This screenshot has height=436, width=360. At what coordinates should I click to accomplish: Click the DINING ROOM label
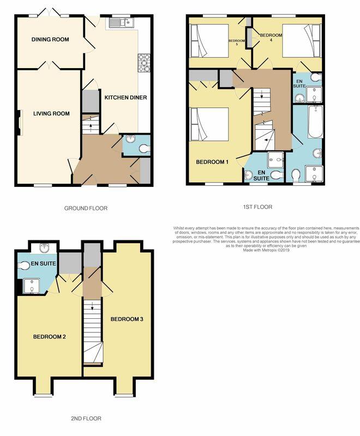(x=50, y=39)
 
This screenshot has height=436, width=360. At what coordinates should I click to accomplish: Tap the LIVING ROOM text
(x=51, y=113)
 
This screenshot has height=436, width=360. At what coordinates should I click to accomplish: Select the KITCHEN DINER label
(x=125, y=98)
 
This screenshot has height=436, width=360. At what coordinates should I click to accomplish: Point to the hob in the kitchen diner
(x=145, y=63)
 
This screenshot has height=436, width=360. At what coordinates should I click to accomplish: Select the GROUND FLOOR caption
(x=86, y=208)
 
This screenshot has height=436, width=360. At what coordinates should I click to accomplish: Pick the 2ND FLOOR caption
(x=86, y=419)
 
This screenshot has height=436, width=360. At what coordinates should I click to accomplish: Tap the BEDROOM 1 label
(x=212, y=162)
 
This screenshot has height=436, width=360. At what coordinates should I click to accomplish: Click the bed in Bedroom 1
(x=209, y=125)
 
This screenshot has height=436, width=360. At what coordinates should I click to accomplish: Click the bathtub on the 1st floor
(x=315, y=123)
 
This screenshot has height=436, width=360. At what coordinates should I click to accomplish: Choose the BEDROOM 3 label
(x=127, y=318)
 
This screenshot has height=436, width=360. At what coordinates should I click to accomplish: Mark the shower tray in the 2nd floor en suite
(x=33, y=284)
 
